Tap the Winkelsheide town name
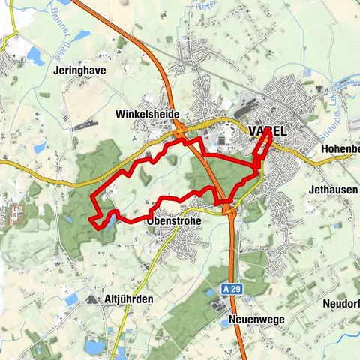pos(147,114)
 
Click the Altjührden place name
pos(127,298)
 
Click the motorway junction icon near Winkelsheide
pos(181,133)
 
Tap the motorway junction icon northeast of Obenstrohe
pos(229,211)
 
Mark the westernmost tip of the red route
pos(90,219)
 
